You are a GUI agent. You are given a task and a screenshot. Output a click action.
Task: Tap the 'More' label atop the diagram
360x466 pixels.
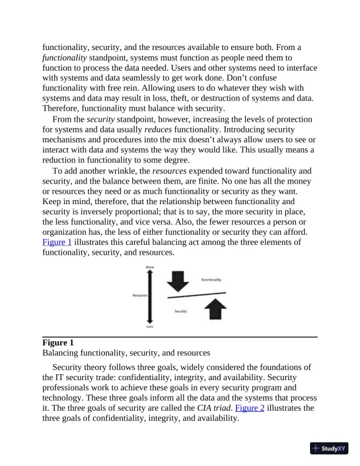(x=149, y=268)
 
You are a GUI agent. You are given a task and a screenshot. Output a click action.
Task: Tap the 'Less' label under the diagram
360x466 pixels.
(x=149, y=326)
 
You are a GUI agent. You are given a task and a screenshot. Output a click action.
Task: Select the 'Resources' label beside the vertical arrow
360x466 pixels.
(x=139, y=295)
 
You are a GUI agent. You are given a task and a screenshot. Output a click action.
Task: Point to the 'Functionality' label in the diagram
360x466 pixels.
(x=211, y=279)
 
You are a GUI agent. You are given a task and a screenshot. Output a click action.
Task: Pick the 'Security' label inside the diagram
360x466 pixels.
(x=181, y=311)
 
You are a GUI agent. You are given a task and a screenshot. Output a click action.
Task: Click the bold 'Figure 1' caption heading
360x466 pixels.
(x=58, y=343)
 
